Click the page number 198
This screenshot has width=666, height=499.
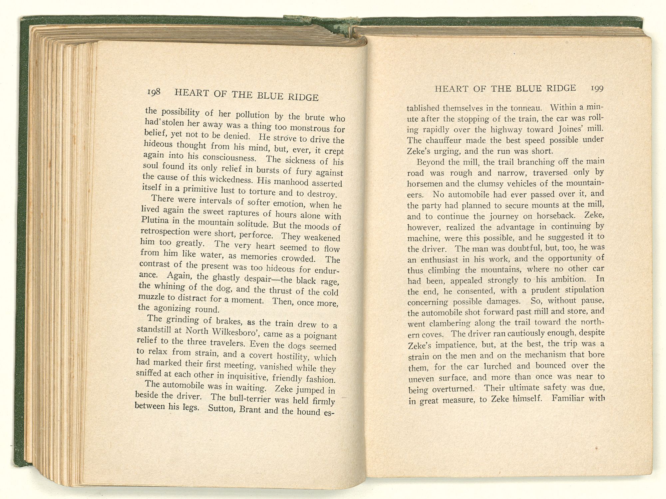(x=154, y=92)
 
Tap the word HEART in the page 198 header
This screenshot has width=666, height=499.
(x=191, y=93)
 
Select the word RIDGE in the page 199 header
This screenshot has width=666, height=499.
(x=561, y=88)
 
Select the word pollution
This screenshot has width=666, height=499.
(x=252, y=115)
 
